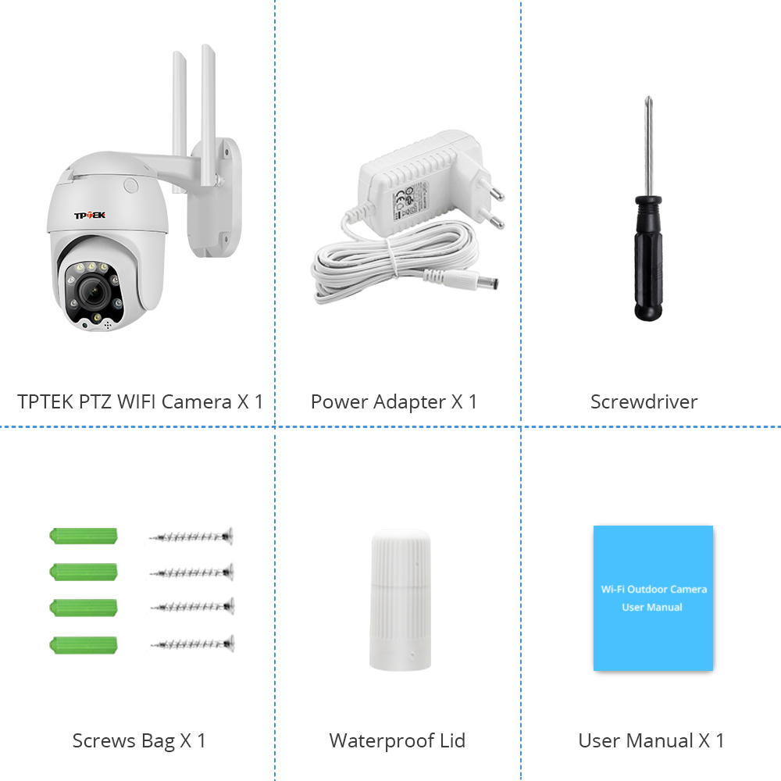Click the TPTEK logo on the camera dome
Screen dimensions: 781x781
click(x=90, y=216)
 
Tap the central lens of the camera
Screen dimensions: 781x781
click(x=94, y=291)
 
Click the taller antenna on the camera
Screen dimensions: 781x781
click(x=209, y=115)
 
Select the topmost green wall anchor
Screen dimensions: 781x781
click(x=84, y=536)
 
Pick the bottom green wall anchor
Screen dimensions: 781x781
click(x=84, y=644)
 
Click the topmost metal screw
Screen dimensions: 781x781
click(x=191, y=537)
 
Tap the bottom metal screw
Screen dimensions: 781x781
click(x=193, y=644)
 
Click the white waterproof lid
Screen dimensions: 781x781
click(x=401, y=600)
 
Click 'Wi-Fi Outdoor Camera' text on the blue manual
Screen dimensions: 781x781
click(x=654, y=589)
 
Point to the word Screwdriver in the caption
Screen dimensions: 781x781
click(x=644, y=401)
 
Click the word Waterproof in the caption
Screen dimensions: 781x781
click(x=381, y=740)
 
